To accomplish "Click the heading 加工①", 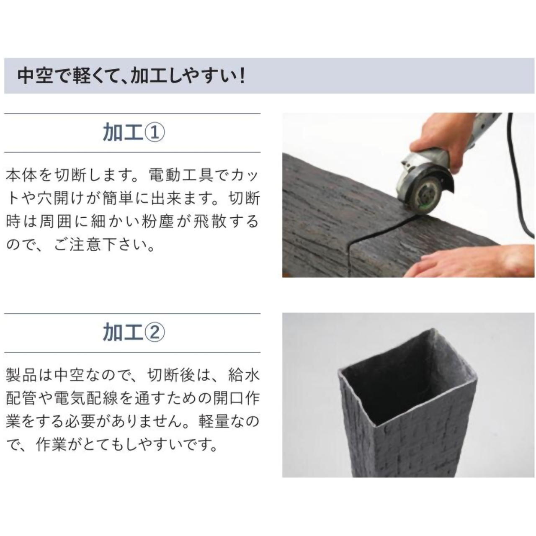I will click(134, 133).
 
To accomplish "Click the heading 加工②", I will click(134, 333).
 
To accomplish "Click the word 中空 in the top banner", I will click(35, 76).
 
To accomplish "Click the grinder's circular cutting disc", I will click(428, 194).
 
